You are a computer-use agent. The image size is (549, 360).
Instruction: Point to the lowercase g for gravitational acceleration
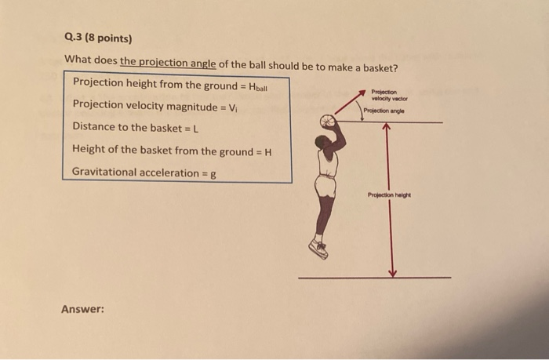212,172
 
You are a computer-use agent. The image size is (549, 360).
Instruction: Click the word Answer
82,309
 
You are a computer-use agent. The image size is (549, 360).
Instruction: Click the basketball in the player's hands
328,122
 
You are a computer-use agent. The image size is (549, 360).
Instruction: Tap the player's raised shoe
318,249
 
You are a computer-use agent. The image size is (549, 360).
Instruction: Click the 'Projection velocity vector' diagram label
390,95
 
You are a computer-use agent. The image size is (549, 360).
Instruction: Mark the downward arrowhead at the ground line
393,272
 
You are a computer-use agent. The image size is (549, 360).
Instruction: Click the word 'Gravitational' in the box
104,172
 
